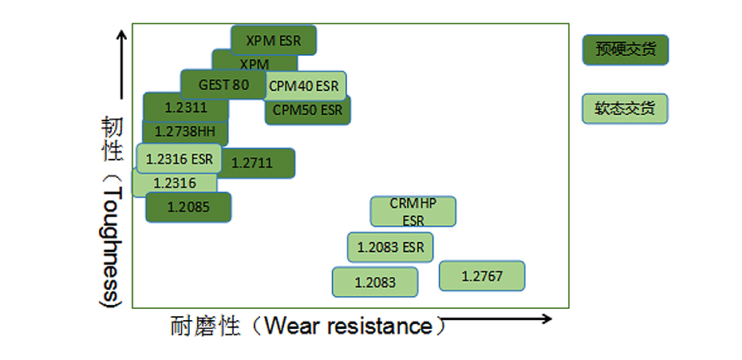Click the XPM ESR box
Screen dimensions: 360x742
[x=274, y=39]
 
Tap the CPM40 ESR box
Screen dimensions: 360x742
[x=304, y=85]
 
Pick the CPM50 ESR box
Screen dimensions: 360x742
[x=307, y=110]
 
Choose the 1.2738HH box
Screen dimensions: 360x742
[x=184, y=132]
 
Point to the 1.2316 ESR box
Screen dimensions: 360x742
[x=179, y=158]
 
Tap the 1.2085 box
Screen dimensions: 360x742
[x=188, y=207]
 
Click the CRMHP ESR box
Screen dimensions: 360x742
[x=412, y=212]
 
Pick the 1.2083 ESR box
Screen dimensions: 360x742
[x=390, y=247]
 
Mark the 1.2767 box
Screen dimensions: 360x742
[x=482, y=276]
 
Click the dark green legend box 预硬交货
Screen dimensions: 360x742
[x=625, y=49]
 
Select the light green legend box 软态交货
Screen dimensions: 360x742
[x=625, y=108]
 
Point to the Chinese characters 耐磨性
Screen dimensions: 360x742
[x=205, y=326]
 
